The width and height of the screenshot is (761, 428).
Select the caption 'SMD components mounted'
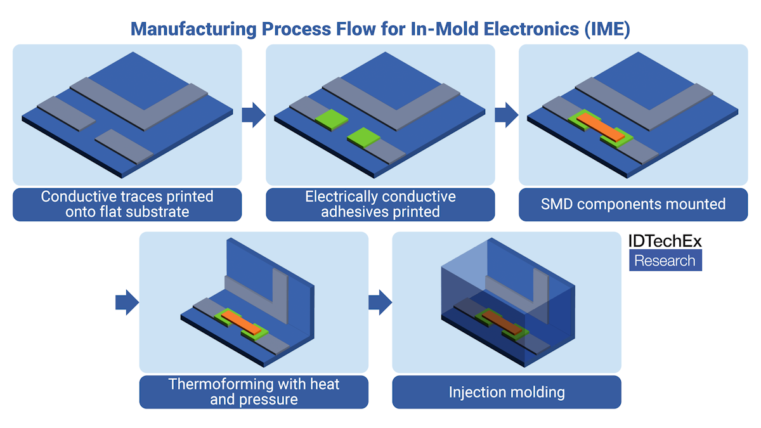[633, 204]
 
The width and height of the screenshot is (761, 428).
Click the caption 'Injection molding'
[506, 392]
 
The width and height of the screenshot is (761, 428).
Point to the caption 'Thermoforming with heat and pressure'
[254, 392]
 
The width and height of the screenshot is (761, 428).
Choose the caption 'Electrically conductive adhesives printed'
[380, 204]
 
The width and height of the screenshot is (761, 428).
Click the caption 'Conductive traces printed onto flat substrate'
[127, 204]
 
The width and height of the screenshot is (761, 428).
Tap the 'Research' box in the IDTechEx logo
[665, 261]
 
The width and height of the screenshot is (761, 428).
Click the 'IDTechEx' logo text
[665, 242]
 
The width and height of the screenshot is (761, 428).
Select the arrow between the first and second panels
[253, 115]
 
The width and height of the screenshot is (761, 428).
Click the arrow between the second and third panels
[506, 115]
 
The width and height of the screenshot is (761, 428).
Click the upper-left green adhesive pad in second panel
[328, 117]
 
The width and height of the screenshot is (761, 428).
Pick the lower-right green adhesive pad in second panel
[363, 136]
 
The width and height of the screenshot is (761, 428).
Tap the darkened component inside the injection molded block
[501, 321]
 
